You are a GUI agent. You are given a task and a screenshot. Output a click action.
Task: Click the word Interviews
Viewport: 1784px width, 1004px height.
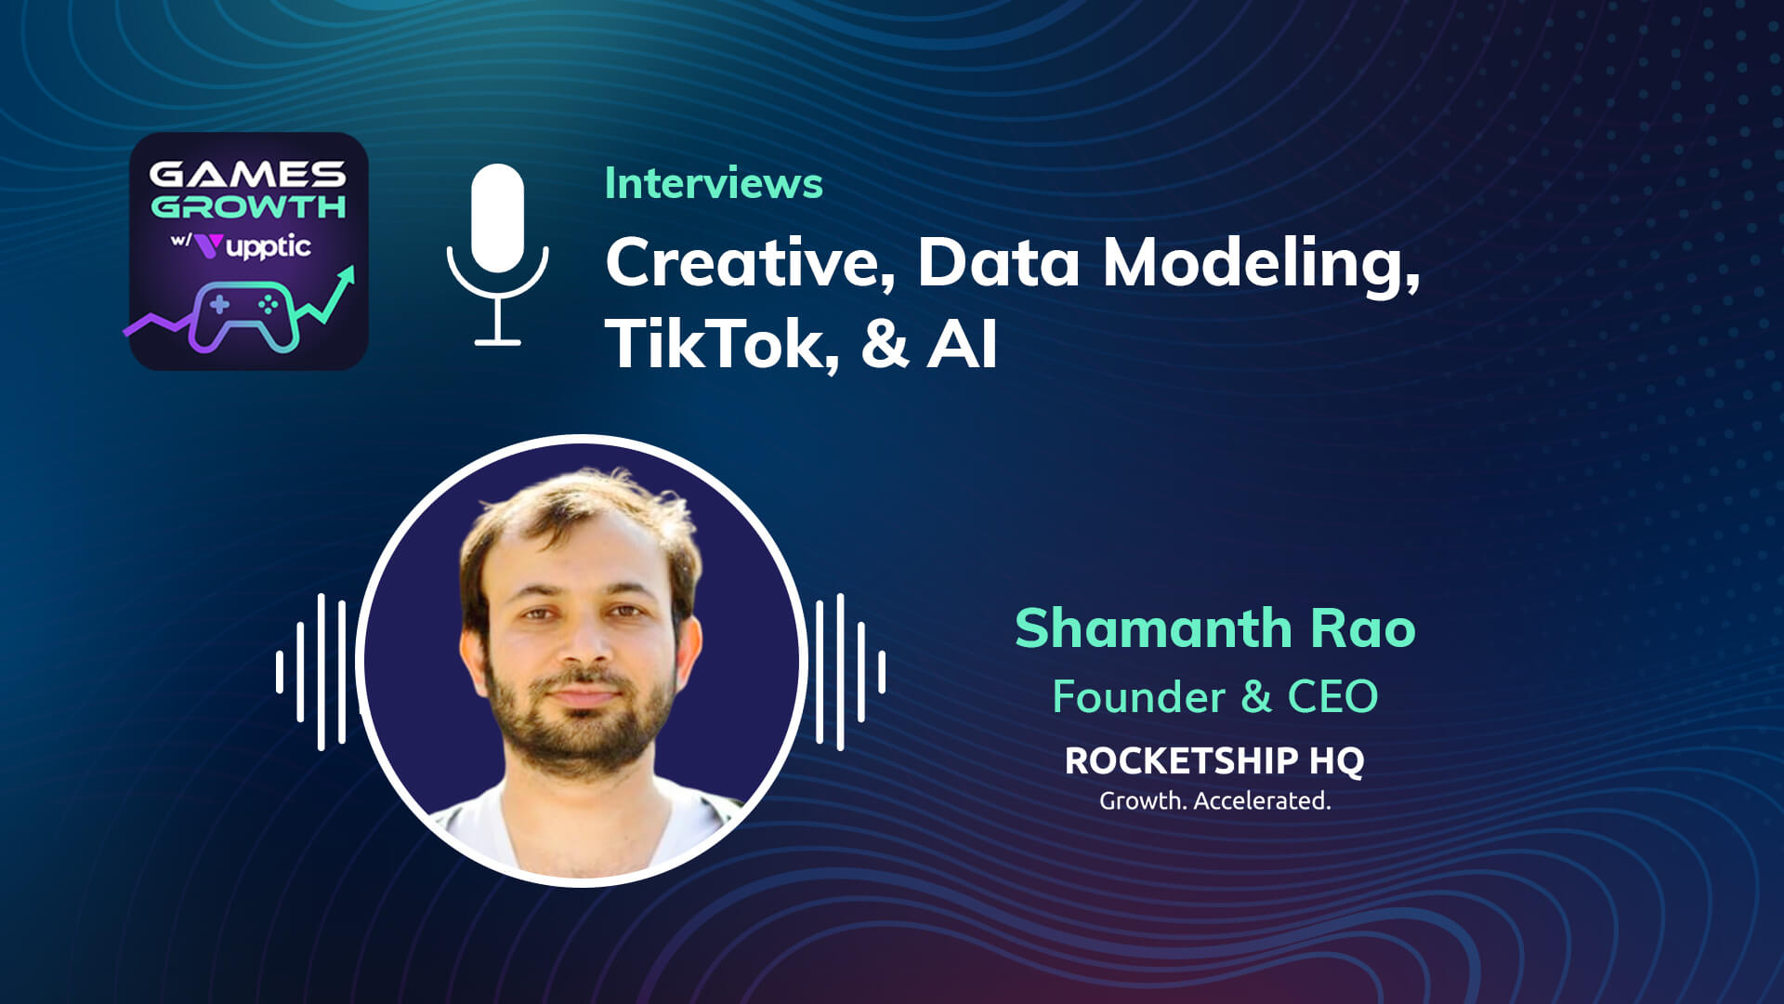(713, 183)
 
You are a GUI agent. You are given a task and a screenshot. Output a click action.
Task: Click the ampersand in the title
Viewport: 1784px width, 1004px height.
(884, 344)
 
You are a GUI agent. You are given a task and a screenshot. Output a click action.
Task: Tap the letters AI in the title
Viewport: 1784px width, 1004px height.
(962, 344)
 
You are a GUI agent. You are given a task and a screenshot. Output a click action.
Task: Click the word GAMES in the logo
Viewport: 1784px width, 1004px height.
(247, 174)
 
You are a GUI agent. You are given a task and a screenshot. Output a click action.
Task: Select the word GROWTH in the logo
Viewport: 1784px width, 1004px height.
(248, 206)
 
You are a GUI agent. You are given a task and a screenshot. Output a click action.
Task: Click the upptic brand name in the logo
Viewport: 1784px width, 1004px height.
(268, 246)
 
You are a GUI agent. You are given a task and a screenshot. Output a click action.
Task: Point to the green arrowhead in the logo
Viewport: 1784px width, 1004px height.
(346, 275)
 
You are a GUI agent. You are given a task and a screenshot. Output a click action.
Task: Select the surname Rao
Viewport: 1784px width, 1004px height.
(1363, 629)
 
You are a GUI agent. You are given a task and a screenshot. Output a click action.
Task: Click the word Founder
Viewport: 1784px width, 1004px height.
(1138, 696)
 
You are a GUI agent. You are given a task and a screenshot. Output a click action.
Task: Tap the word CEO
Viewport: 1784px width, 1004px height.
(1331, 696)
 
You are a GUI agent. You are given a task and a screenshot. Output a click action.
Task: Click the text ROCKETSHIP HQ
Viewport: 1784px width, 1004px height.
(1214, 760)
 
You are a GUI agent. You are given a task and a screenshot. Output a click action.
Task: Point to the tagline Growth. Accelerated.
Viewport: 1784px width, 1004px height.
(1214, 800)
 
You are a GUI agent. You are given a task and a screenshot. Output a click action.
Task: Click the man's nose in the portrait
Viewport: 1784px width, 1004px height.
(580, 641)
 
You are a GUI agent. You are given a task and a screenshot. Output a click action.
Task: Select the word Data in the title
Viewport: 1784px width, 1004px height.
(998, 263)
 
